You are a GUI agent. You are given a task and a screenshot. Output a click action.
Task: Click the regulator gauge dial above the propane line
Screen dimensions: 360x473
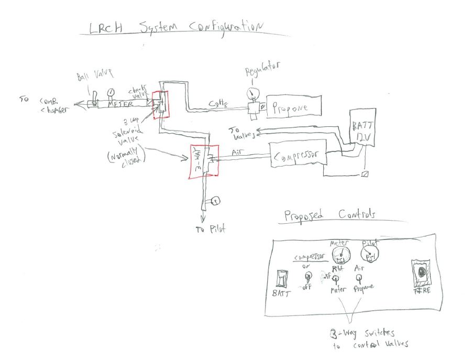click(x=252, y=92)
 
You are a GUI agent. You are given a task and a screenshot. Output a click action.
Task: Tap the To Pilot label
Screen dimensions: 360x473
click(x=209, y=230)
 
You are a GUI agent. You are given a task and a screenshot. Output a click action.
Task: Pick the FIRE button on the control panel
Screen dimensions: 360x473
click(x=420, y=272)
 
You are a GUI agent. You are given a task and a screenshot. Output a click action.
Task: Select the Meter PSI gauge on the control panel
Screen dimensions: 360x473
click(x=340, y=255)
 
